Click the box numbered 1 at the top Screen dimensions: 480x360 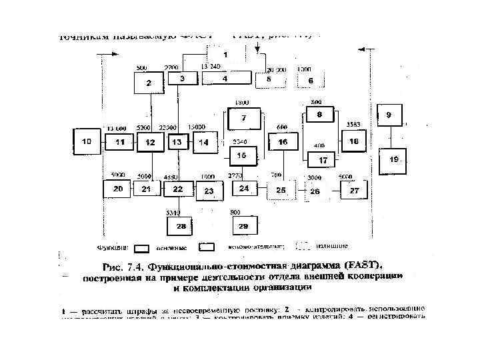coord(225,55)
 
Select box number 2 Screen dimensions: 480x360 coord(149,83)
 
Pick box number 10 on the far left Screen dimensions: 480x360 coord(87,142)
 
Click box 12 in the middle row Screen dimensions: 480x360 coord(151,143)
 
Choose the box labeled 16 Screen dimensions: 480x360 coord(283,142)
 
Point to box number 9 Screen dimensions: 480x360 coord(389,115)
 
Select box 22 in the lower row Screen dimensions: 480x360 coord(178,189)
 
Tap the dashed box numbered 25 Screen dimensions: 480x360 coord(281,191)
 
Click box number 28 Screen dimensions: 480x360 coord(181,227)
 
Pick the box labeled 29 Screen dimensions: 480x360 coord(243,227)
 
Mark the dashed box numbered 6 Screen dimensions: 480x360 coord(310,80)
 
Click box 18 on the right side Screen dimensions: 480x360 coord(353,141)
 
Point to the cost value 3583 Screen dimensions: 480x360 coord(354,125)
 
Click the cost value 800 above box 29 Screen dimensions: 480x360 coord(236,211)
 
